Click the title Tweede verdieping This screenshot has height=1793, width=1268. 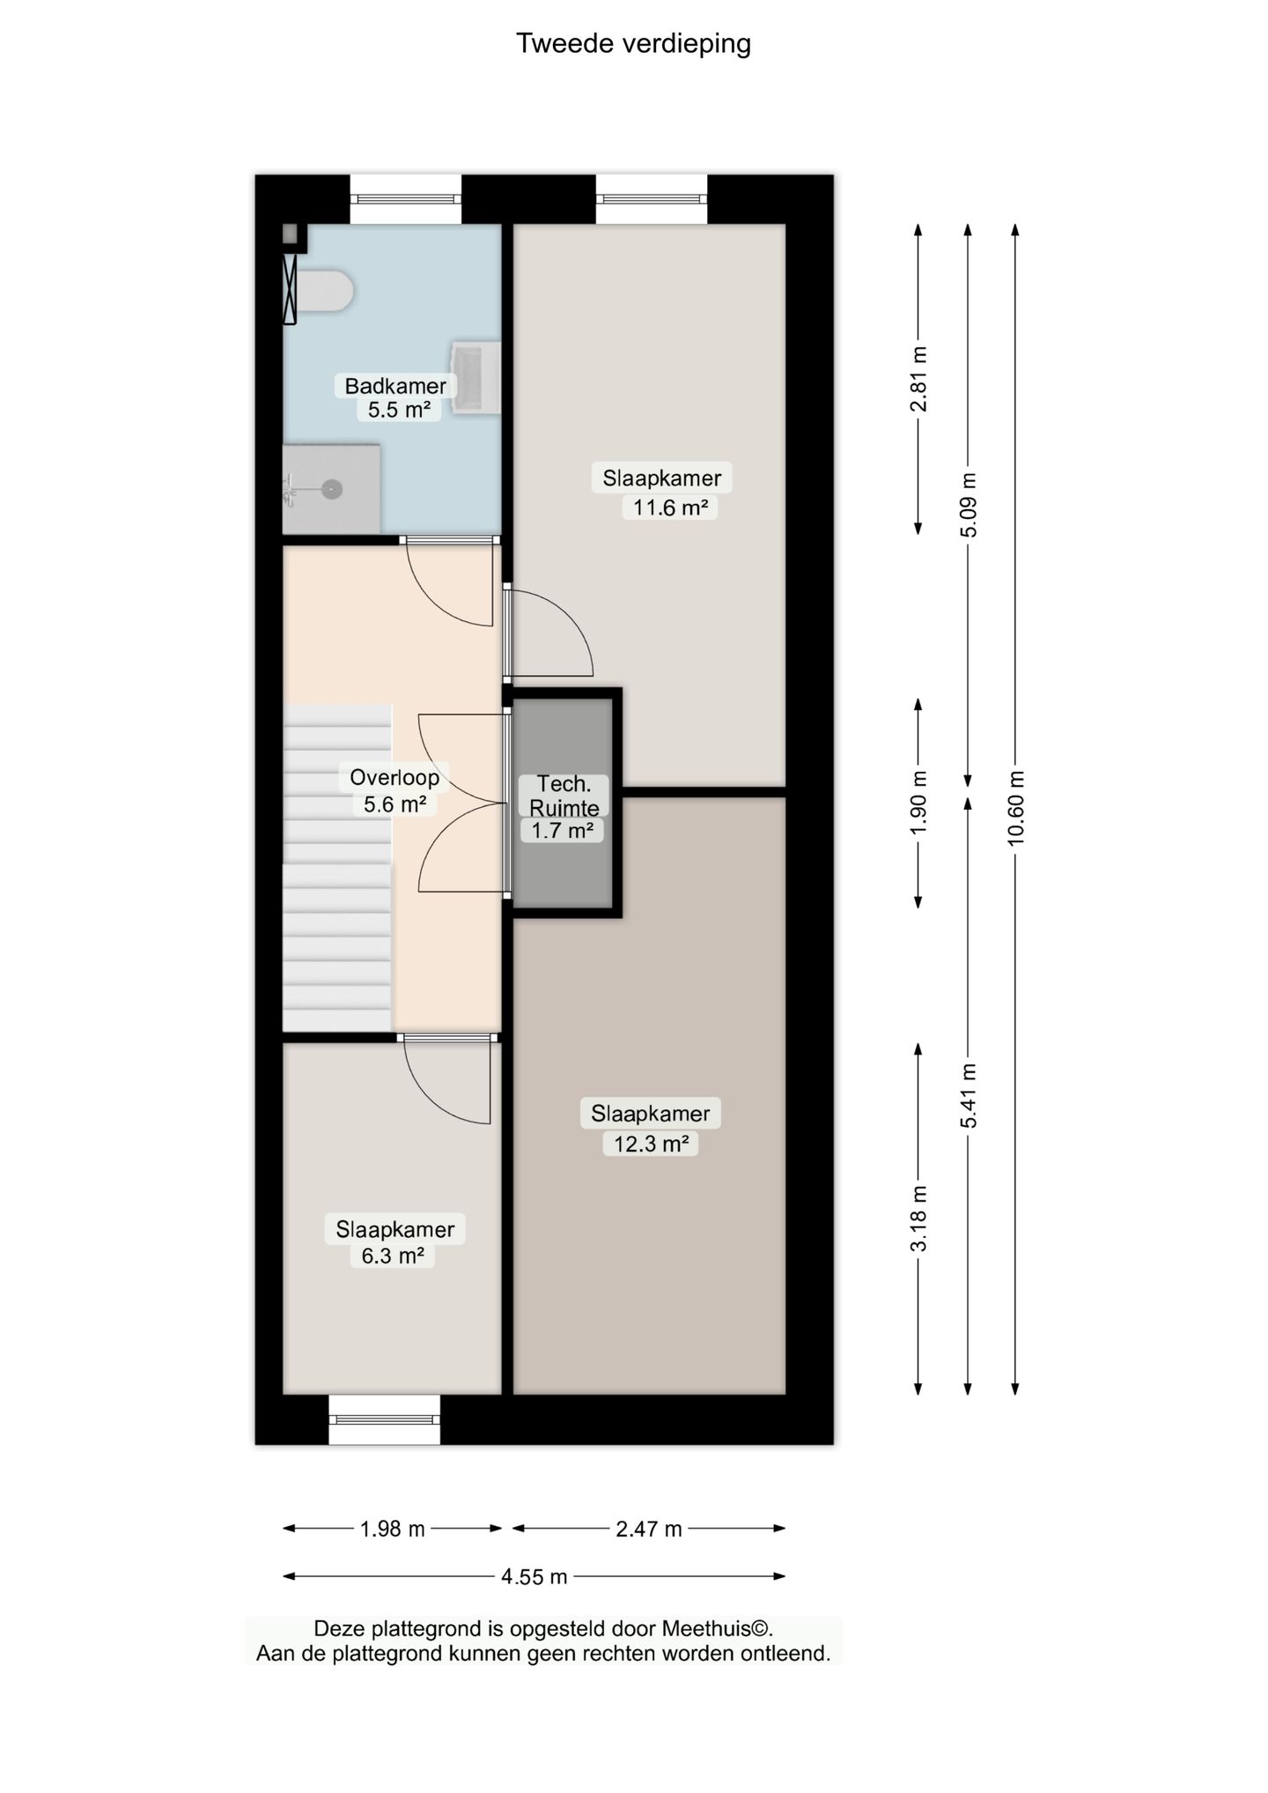click(x=633, y=44)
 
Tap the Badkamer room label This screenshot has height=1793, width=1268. click(x=395, y=386)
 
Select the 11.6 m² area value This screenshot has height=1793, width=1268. click(x=670, y=508)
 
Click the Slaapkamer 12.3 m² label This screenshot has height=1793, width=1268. click(x=651, y=1128)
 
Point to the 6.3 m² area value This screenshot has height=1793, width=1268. click(x=393, y=1256)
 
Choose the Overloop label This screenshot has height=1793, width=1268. click(x=394, y=777)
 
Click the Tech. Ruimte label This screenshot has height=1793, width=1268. click(x=564, y=796)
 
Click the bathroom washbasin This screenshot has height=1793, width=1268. click(x=475, y=377)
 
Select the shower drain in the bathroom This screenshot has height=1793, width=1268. click(x=332, y=488)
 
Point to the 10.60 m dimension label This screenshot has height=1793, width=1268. click(x=1016, y=808)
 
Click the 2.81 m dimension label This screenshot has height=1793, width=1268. click(x=918, y=379)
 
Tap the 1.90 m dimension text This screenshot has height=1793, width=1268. click(x=918, y=803)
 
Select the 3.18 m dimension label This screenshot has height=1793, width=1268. click(x=918, y=1219)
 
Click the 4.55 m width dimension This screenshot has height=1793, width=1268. click(x=534, y=1576)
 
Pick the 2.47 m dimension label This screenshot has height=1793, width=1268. click(x=649, y=1529)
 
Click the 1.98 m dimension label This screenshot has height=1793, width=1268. click(x=393, y=1529)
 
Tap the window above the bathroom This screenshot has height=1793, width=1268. click(x=406, y=199)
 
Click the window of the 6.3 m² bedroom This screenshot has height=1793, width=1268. click(x=384, y=1419)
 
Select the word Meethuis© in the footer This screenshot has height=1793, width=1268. click(x=717, y=1629)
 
